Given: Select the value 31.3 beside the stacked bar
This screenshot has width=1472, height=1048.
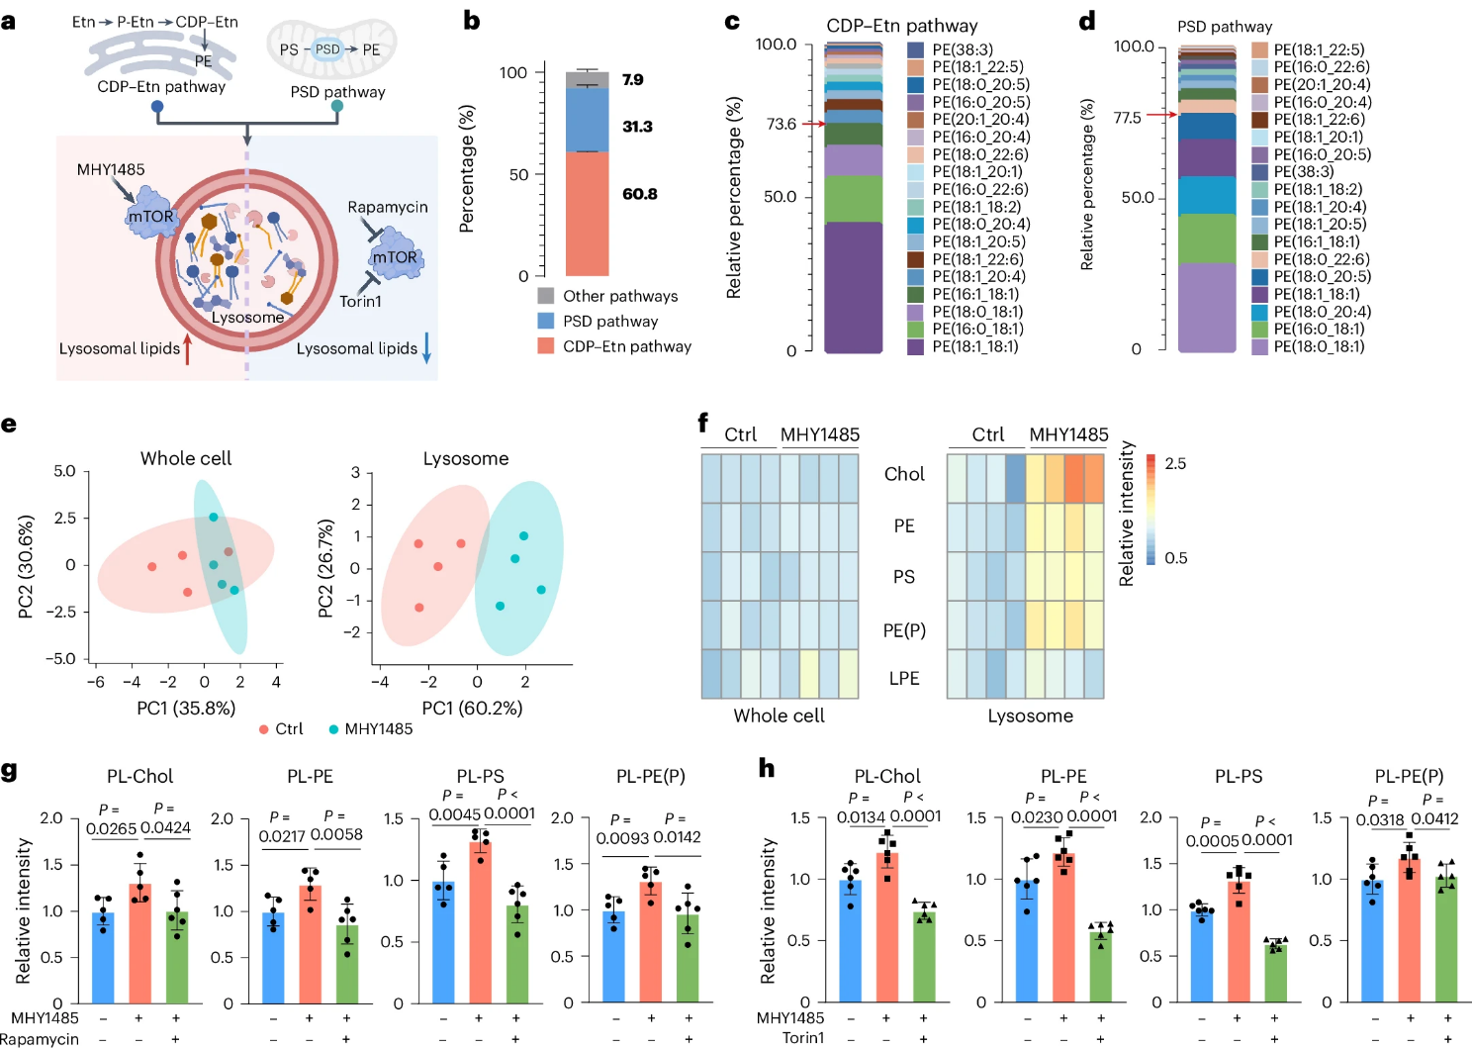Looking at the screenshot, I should [x=637, y=127].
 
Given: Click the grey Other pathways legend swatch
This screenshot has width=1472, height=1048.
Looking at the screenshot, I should [x=546, y=296].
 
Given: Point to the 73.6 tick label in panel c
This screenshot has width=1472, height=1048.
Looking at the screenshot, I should [x=781, y=124].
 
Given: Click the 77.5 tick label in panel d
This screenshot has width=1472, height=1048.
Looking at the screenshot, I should [x=1127, y=118].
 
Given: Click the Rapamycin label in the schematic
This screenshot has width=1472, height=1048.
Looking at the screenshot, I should [x=388, y=207].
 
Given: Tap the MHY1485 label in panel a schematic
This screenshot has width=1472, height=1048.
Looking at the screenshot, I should [x=111, y=169].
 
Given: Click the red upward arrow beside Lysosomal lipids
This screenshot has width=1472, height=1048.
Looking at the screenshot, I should [x=187, y=349].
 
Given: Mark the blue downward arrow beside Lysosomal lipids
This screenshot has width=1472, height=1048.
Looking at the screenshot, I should [x=427, y=347].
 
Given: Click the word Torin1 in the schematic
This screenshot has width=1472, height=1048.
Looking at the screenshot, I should [x=360, y=301].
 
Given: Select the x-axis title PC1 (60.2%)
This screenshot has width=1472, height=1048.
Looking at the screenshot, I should [x=472, y=708].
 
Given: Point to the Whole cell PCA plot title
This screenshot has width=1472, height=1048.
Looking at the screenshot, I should [x=186, y=458].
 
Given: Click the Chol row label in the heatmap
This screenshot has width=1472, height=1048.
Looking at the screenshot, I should [x=904, y=474].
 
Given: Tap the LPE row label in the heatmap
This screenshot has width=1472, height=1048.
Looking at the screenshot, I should [x=904, y=678].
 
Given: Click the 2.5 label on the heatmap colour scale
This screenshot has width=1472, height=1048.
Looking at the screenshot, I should [x=1175, y=463].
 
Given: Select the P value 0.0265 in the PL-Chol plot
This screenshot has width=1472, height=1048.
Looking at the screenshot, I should [x=111, y=828].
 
